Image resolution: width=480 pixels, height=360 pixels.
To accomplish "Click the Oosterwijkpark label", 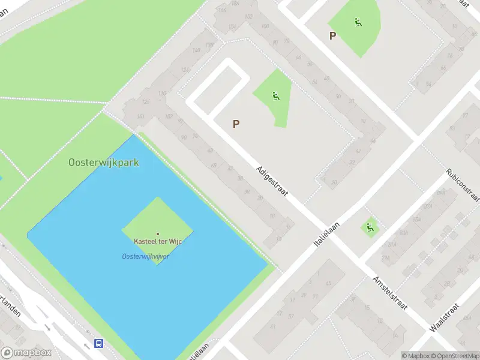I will click(x=104, y=162).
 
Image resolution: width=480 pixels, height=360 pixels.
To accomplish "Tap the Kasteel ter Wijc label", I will click(x=158, y=241).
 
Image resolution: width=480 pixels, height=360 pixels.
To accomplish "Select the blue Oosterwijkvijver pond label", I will click(x=145, y=256).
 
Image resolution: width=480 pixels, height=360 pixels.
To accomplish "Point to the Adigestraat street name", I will click(x=272, y=181).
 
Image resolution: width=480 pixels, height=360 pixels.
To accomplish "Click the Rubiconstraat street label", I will click(x=463, y=185).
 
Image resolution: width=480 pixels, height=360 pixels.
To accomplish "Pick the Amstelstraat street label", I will click(x=390, y=293).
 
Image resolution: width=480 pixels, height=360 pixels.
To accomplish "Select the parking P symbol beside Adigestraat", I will click(x=236, y=124).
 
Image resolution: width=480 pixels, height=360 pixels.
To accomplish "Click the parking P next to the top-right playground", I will click(x=332, y=35).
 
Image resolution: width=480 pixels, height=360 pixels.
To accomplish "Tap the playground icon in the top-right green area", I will click(x=358, y=23).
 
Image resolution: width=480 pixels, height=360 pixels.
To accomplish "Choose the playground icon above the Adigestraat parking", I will click(x=276, y=95).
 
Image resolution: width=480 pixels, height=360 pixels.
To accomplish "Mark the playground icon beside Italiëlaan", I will click(x=370, y=227).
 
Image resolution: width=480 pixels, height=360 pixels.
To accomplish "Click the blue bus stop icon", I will click(x=98, y=343).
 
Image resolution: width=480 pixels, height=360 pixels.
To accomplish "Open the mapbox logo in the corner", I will click(x=26, y=353).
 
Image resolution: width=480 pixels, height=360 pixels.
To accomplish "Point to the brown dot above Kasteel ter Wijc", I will click(x=158, y=234).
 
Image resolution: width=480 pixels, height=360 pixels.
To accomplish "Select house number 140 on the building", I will click(x=195, y=50).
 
